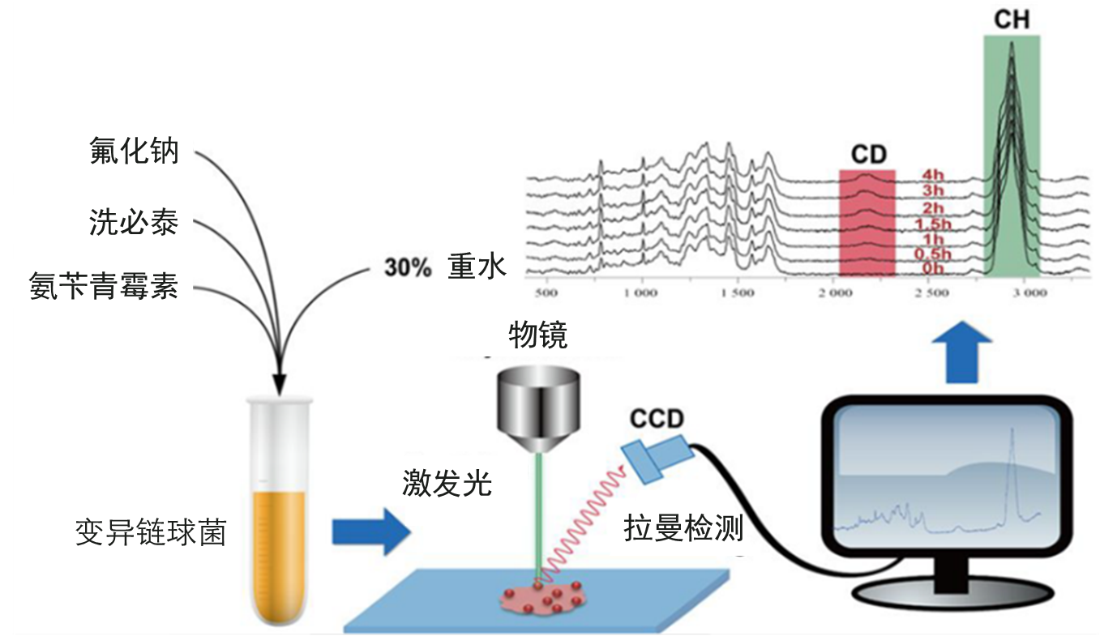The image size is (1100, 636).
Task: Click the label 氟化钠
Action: [134, 151]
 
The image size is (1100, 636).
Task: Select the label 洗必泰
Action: [134, 220]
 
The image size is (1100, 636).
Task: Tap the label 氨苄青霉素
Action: [104, 287]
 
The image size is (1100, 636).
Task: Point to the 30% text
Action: [408, 269]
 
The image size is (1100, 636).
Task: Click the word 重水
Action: [477, 267]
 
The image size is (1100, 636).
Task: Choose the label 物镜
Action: [537, 334]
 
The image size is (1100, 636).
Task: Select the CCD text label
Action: [657, 419]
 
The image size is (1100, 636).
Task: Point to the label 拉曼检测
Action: [683, 528]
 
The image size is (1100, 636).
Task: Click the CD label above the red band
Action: [868, 154]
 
